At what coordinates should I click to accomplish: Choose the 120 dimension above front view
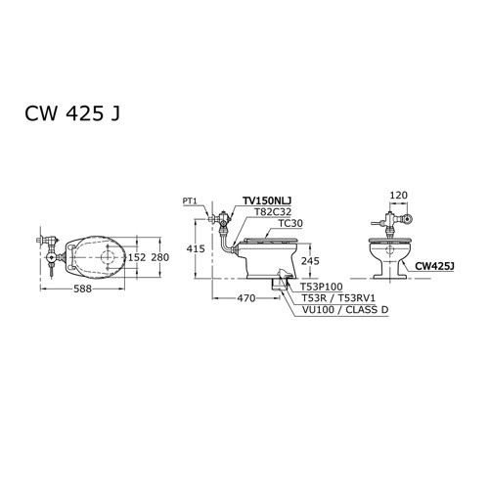(x=397, y=196)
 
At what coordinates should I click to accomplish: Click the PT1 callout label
(x=190, y=200)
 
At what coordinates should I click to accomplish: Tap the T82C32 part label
(x=275, y=210)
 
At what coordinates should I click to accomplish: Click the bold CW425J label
(x=431, y=264)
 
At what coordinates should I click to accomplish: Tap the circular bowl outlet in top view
(x=107, y=257)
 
